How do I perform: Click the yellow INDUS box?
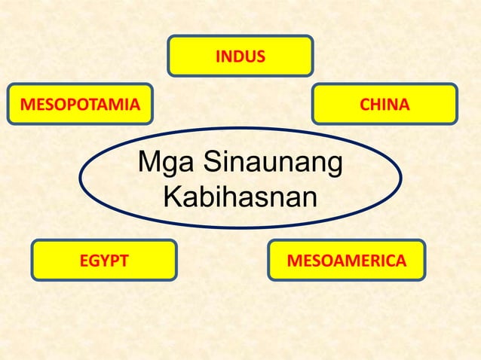240,55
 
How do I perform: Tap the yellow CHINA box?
384,104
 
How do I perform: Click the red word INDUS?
240,56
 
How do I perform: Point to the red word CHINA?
384,105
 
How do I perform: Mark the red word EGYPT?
104,261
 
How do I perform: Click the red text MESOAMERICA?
346,261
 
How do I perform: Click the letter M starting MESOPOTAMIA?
25,105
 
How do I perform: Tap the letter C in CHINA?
364,105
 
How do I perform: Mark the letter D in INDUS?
238,56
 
